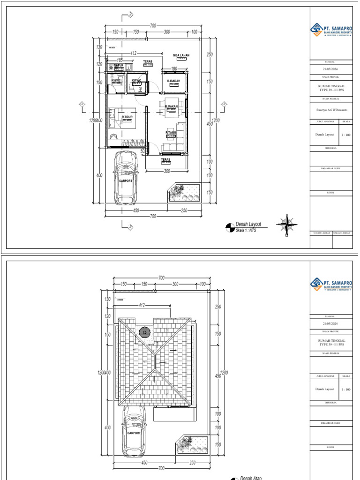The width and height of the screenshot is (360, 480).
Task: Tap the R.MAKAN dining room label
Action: (172, 106)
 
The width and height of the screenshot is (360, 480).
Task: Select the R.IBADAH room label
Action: (174, 81)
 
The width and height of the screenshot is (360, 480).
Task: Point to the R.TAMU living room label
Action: (170, 133)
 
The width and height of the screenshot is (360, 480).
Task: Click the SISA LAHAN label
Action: (181, 55)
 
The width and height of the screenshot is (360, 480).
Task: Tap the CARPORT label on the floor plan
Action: (126, 180)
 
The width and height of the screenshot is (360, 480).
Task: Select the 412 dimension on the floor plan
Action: (133, 53)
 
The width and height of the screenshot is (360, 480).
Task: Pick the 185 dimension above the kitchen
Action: (120, 60)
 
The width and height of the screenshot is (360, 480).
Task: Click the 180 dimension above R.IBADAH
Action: (174, 69)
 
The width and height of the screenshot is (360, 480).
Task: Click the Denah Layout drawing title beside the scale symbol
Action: (248, 225)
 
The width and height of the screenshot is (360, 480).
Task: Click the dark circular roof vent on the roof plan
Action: (145, 333)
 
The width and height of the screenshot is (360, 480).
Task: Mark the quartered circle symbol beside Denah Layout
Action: (230, 227)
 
